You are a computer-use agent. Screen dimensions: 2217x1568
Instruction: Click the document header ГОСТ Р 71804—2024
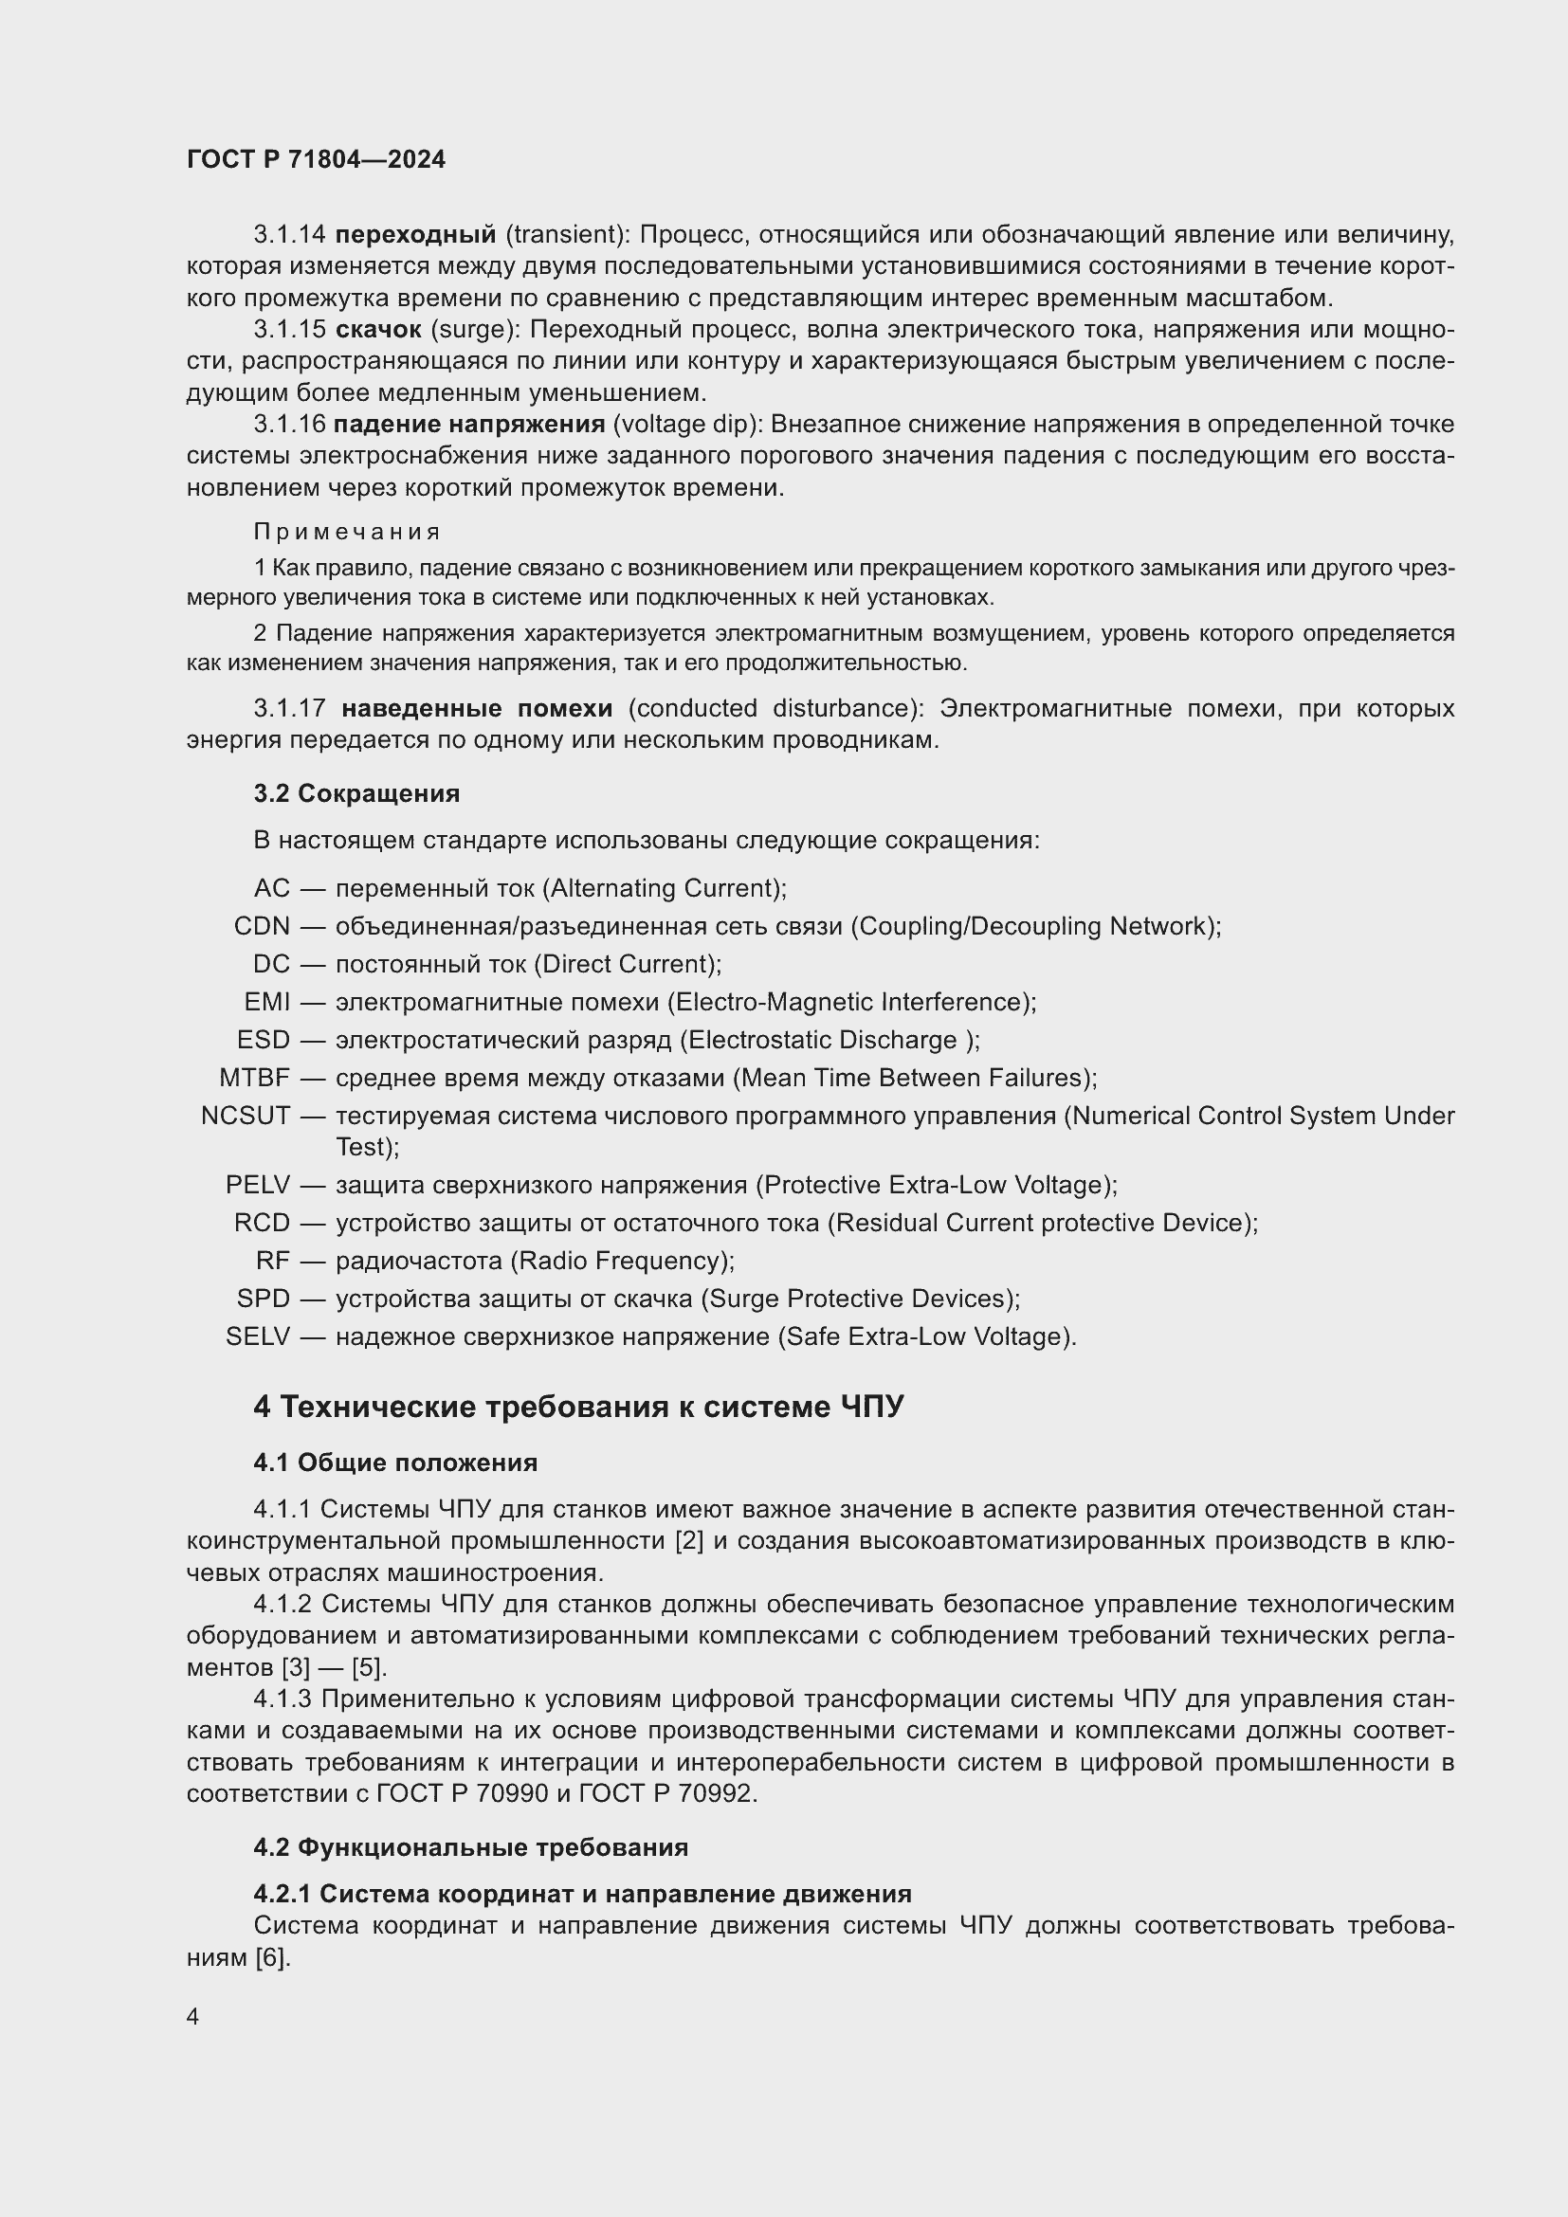pos(316,159)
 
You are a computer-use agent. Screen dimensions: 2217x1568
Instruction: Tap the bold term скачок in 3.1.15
pos(378,330)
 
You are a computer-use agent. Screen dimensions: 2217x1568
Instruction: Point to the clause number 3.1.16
pos(290,425)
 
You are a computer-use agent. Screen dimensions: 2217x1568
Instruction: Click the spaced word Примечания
pos(347,532)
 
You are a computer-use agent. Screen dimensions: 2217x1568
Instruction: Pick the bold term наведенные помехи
pos(477,709)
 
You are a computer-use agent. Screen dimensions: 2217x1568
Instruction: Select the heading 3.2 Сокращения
pos(356,793)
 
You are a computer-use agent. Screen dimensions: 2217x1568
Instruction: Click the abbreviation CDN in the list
pos(262,926)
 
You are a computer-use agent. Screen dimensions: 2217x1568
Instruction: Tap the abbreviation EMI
pos(267,1002)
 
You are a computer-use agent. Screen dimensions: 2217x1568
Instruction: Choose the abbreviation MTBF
pos(254,1078)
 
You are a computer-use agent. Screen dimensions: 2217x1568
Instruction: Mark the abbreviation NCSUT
pos(246,1117)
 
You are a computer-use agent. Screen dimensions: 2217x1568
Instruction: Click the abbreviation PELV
pos(258,1185)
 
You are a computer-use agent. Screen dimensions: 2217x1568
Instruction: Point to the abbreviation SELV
pos(258,1336)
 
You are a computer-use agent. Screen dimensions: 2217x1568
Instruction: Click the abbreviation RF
pos(273,1261)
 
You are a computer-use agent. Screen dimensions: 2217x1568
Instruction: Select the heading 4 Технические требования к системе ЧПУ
pos(578,1407)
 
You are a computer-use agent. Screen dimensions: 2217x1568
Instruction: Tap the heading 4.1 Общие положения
pos(395,1463)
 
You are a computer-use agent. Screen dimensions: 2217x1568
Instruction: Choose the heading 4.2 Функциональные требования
pos(470,1848)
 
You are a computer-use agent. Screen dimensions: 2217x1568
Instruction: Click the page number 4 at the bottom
pos(193,2017)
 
